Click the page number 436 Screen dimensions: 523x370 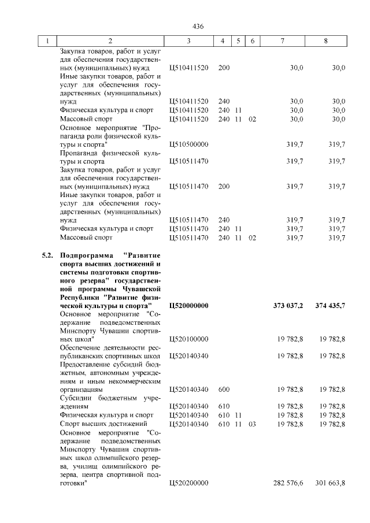pyautogui.click(x=198, y=27)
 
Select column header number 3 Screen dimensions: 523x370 pyautogui.click(x=188, y=42)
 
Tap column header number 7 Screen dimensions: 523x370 pyautogui.click(x=282, y=42)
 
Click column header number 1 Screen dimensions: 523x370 pyautogui.click(x=47, y=42)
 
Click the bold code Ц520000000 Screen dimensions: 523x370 pyautogui.click(x=189, y=305)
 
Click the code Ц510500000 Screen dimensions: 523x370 pyautogui.click(x=189, y=144)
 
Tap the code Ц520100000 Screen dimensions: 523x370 pyautogui.click(x=189, y=339)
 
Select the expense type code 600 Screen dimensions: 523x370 pyautogui.click(x=224, y=390)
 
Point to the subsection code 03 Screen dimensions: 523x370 pyautogui.click(x=251, y=424)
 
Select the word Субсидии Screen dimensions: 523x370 pyautogui.click(x=77, y=398)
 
